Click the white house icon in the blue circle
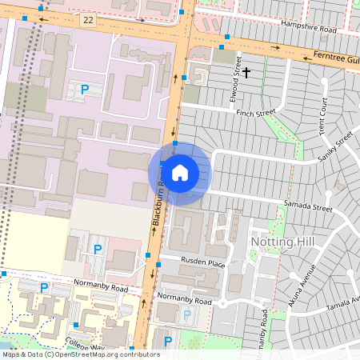[x=180, y=172]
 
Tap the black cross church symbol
[x=247, y=74]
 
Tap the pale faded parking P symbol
[x=187, y=315]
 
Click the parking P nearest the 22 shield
[x=84, y=90]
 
